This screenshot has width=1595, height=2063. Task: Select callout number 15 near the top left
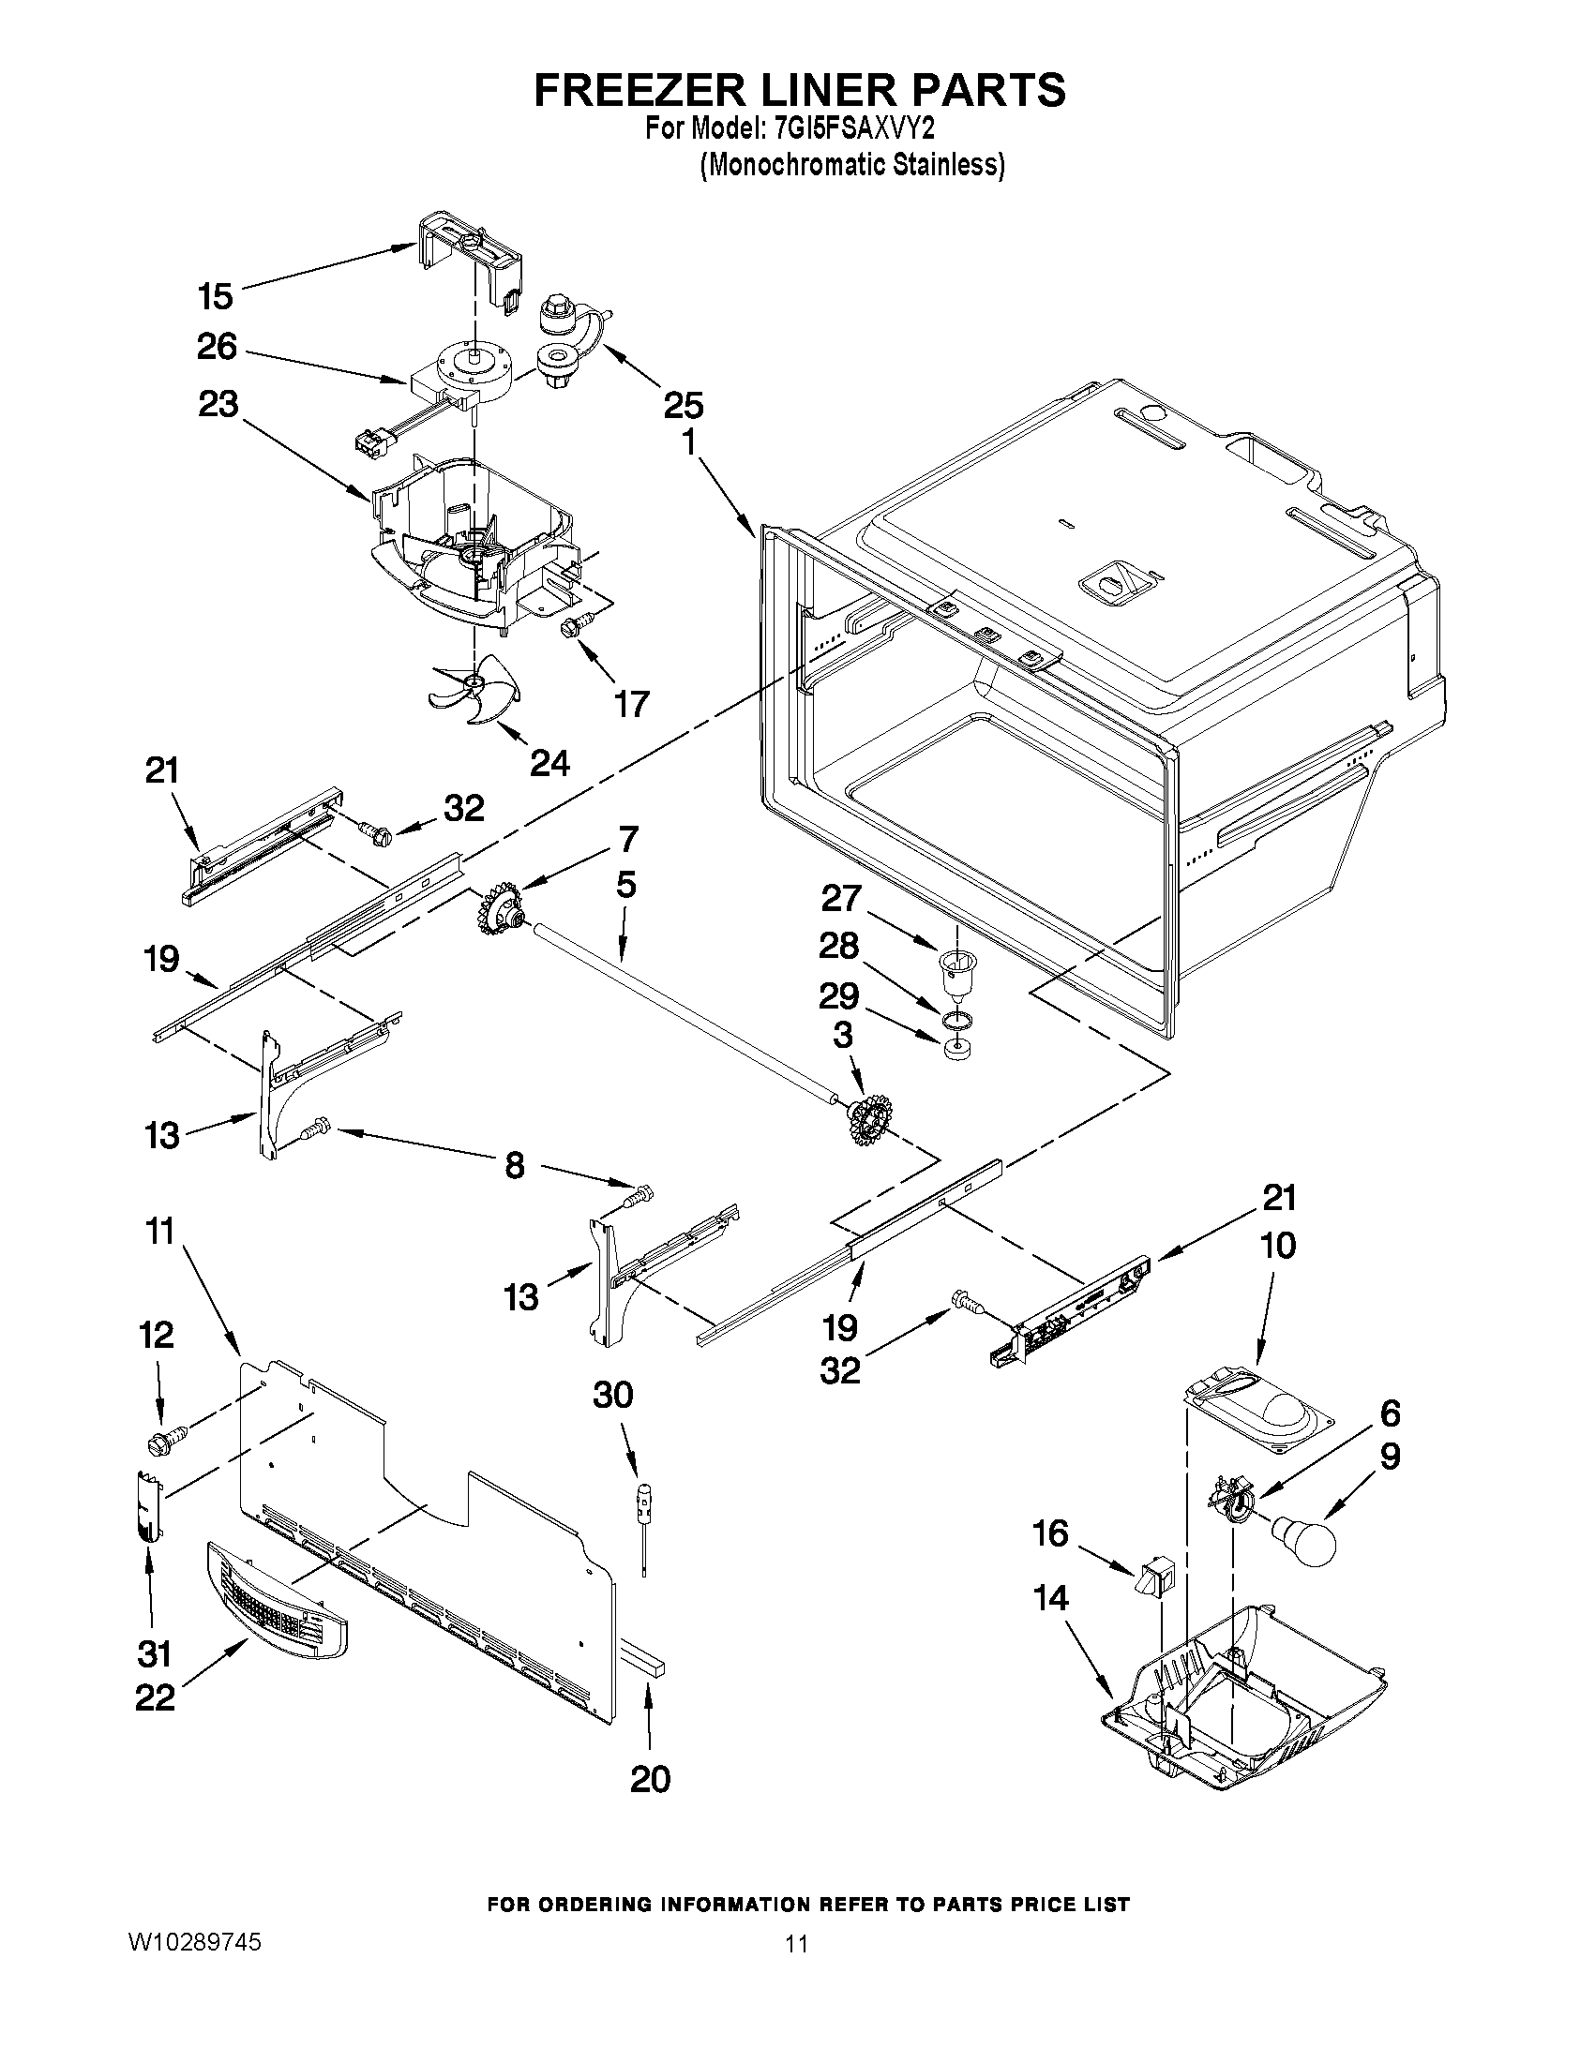[x=216, y=296]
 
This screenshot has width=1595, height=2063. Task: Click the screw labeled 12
[x=163, y=1443]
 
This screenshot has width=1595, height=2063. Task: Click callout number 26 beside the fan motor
[x=217, y=348]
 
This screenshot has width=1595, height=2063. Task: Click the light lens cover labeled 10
[x=1256, y=1414]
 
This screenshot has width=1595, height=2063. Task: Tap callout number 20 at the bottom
[x=649, y=1780]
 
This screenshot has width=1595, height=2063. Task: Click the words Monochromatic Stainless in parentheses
[x=851, y=164]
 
